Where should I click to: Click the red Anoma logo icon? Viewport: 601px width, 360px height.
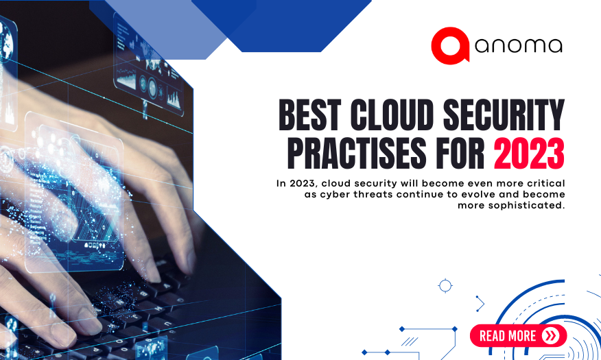pyautogui.click(x=450, y=45)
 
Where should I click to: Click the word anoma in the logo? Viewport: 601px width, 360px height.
pyautogui.click(x=518, y=46)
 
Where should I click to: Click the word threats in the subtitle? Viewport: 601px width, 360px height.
pyautogui.click(x=386, y=194)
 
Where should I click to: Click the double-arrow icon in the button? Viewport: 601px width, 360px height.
pyautogui.click(x=550, y=335)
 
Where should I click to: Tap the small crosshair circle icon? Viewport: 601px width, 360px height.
pyautogui.click(x=445, y=285)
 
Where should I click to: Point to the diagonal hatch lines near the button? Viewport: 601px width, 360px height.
pyautogui.click(x=410, y=340)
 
